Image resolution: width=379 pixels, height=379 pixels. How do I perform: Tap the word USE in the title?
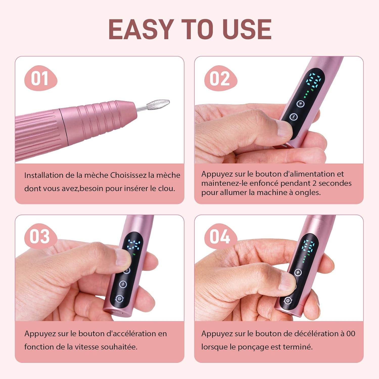click(x=247, y=29)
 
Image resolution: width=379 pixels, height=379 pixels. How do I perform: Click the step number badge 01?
click(x=40, y=78)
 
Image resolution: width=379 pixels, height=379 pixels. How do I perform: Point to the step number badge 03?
click(x=40, y=236)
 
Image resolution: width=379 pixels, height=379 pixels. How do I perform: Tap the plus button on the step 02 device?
click(x=300, y=104)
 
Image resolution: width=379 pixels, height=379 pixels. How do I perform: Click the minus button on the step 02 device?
click(x=293, y=117)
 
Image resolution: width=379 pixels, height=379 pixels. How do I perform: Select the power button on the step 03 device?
click(x=119, y=299)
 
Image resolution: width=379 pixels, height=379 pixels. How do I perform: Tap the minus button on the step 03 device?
click(x=123, y=284)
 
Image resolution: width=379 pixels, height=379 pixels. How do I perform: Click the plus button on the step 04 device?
click(x=298, y=272)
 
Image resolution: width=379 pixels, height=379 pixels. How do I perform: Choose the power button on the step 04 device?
click(x=288, y=300)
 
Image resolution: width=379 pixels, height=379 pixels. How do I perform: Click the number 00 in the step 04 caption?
click(x=351, y=334)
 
